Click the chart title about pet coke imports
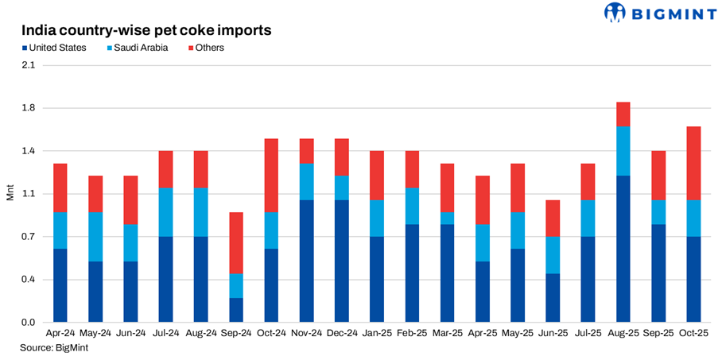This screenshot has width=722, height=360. point(146,31)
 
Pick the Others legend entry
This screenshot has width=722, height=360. point(206,48)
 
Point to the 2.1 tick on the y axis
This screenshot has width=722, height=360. point(29,65)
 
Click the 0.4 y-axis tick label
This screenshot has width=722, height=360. point(29,280)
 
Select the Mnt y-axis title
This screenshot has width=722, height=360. point(10,193)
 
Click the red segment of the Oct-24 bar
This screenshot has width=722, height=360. point(271,175)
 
